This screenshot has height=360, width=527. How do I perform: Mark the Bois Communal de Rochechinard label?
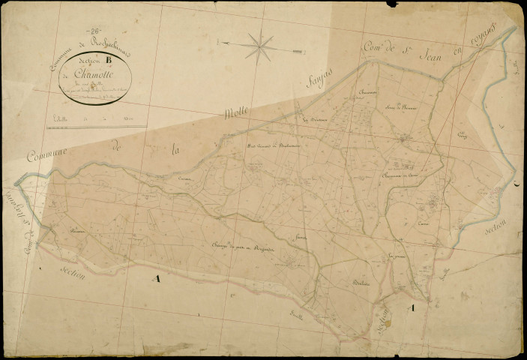(x=274, y=145)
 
